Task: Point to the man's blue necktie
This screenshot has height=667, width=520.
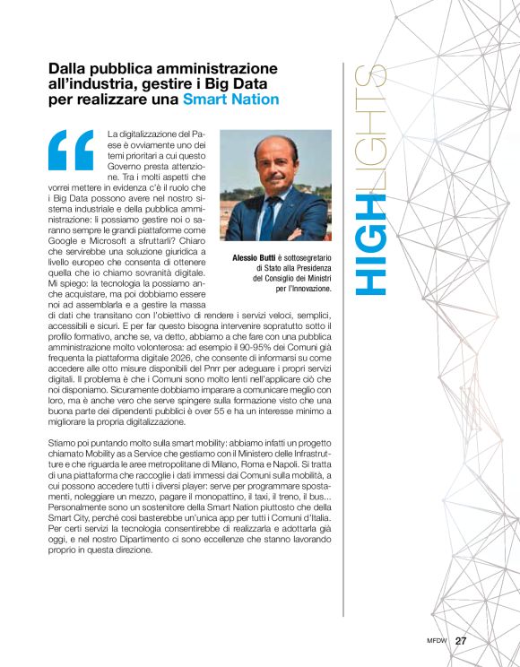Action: tap(266, 215)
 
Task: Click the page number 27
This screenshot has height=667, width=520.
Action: tap(462, 641)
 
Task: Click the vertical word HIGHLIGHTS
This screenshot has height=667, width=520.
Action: tap(368, 179)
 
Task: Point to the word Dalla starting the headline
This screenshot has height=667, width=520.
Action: tap(69, 68)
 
